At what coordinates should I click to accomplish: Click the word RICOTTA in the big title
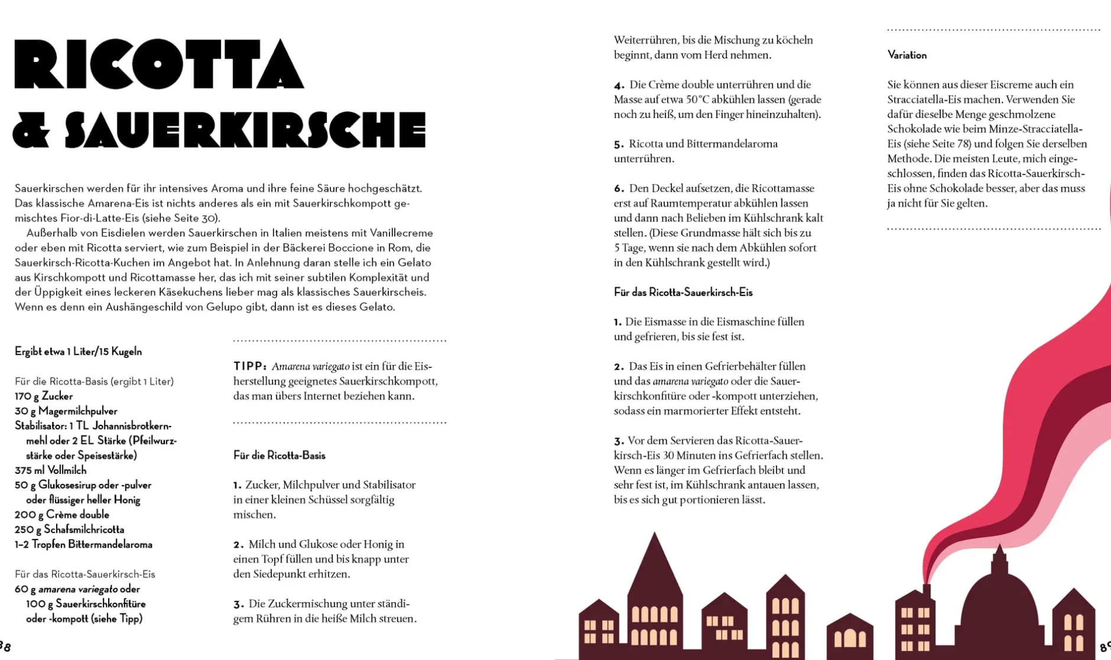[x=158, y=64]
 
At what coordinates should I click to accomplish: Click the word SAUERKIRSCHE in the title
[x=245, y=129]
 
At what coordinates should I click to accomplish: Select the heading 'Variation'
[x=907, y=55]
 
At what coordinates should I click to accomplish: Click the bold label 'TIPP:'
[x=250, y=366]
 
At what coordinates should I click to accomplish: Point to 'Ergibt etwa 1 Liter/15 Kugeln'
[x=78, y=352]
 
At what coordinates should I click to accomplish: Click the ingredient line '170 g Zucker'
[x=44, y=396]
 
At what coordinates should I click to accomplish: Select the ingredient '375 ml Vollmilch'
[x=50, y=470]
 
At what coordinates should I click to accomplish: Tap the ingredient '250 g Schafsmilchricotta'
[x=69, y=529]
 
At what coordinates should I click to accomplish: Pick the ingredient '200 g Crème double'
[x=61, y=515]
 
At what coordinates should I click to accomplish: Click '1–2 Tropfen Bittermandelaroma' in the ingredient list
[x=83, y=544]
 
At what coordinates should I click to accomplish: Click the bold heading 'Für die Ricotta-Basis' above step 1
[x=279, y=456]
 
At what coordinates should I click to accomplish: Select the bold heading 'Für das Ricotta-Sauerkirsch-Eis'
[x=683, y=292]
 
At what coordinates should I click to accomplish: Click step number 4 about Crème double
[x=619, y=85]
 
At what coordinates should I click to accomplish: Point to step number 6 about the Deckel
[x=619, y=188]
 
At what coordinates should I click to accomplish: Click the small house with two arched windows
[x=849, y=635]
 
